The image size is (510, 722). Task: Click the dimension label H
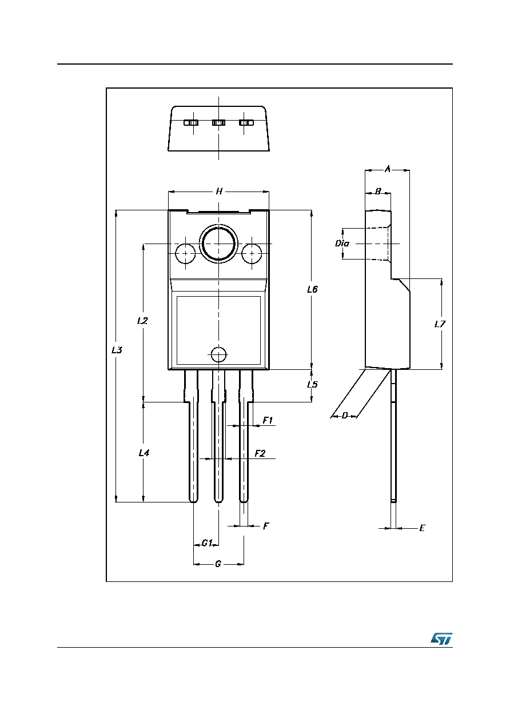point(219,192)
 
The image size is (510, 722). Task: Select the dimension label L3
point(117,350)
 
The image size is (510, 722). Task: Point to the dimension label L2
point(142,321)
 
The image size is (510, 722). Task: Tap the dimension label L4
point(144,453)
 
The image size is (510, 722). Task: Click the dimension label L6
point(312,289)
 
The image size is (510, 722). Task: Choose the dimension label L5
point(312,384)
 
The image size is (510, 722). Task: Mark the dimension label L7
point(440,324)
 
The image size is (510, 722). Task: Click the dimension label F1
point(268,420)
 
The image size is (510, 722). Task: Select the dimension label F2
point(260,453)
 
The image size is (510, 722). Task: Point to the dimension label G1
point(206,543)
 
